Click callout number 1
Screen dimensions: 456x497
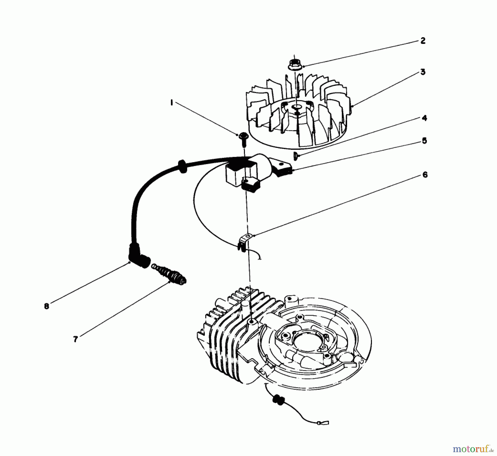(172, 103)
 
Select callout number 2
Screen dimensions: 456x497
(423, 41)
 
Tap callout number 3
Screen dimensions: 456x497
(423, 72)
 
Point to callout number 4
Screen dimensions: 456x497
(424, 118)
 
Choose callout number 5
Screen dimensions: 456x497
(424, 141)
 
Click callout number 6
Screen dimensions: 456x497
(425, 175)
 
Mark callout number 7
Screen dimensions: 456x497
(75, 339)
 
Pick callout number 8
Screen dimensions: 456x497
(46, 306)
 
